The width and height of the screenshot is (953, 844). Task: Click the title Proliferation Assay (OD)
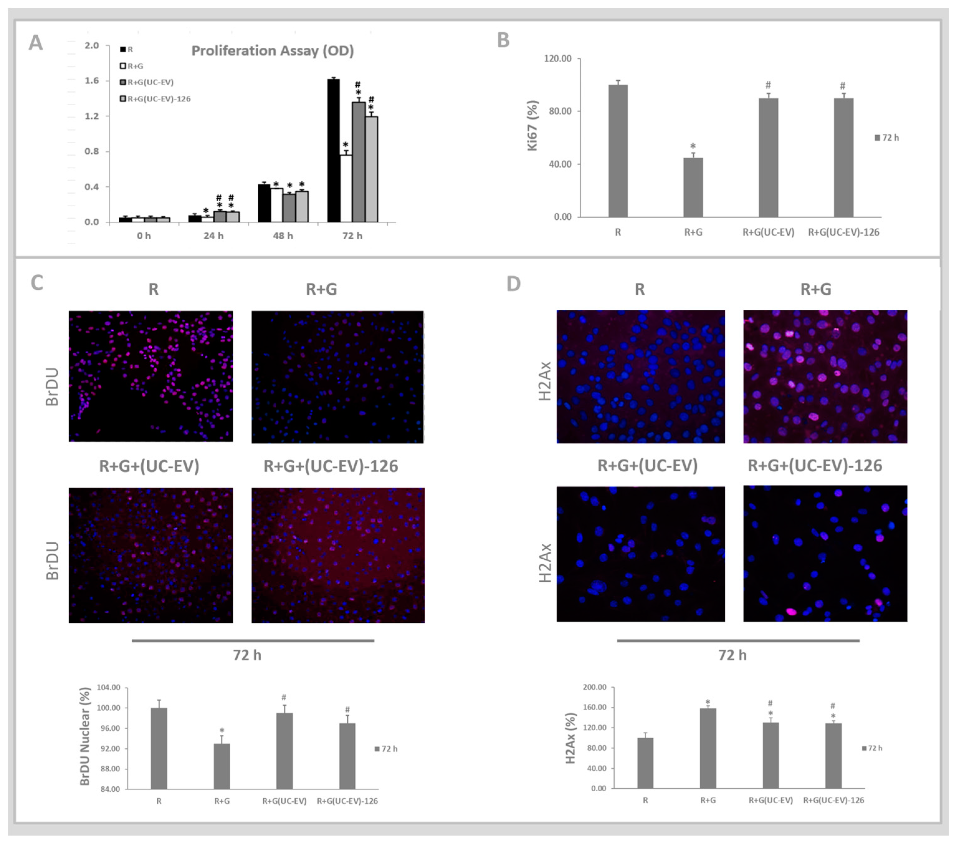pos(272,51)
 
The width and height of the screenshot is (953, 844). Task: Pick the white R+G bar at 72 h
pos(346,188)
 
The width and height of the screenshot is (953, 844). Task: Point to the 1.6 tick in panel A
pos(92,81)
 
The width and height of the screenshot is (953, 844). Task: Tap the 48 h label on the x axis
pos(283,236)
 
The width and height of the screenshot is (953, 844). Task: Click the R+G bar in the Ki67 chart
pos(693,188)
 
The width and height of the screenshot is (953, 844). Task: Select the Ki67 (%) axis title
pos(532,126)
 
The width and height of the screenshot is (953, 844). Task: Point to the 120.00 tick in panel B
pos(558,59)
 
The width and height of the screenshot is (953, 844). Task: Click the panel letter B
pos(503,41)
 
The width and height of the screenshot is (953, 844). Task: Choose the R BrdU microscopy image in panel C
pos(150,376)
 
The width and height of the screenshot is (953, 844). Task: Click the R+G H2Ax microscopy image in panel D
pos(825,376)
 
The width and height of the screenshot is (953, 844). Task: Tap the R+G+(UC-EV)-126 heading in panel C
pos(331,466)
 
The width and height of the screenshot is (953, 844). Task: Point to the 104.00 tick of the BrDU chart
pos(109,687)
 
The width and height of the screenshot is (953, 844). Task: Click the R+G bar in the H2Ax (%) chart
pos(708,748)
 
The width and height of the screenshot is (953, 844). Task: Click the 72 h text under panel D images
pos(732,655)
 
